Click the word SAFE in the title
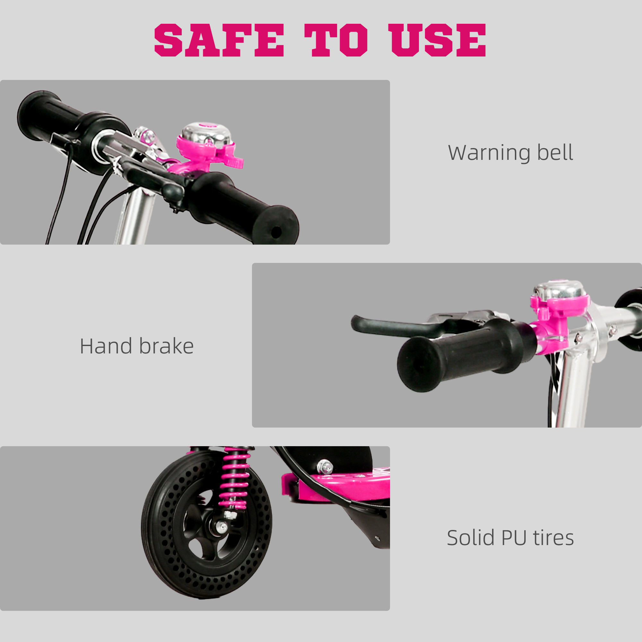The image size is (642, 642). click(x=219, y=40)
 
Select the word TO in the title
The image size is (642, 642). click(x=336, y=40)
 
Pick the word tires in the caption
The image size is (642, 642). click(x=554, y=538)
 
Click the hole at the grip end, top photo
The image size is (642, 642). click(x=276, y=232)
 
